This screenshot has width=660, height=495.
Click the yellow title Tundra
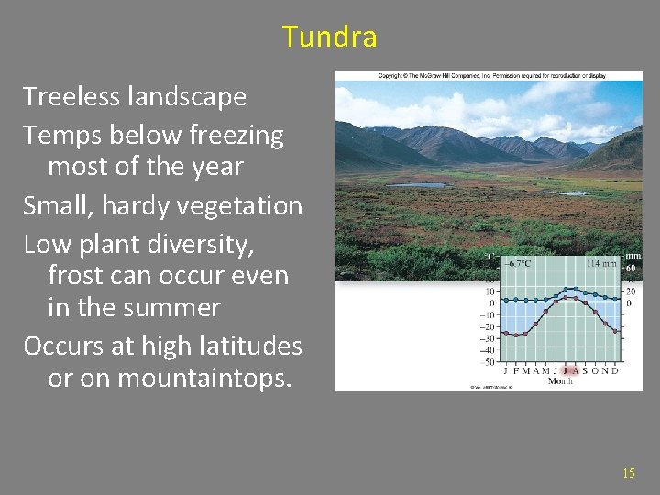tap(329, 37)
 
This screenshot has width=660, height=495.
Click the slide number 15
tap(628, 473)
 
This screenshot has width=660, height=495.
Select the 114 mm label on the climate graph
tap(601, 263)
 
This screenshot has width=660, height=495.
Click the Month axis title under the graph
tap(560, 380)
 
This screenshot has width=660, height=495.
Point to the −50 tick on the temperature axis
tap(489, 362)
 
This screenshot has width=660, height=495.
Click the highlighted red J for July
tap(566, 370)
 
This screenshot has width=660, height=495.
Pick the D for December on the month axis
tap(615, 370)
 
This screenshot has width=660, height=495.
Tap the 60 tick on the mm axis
tap(631, 268)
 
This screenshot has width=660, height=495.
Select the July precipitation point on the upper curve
tap(566, 290)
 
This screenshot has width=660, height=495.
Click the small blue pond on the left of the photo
tap(418, 185)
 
